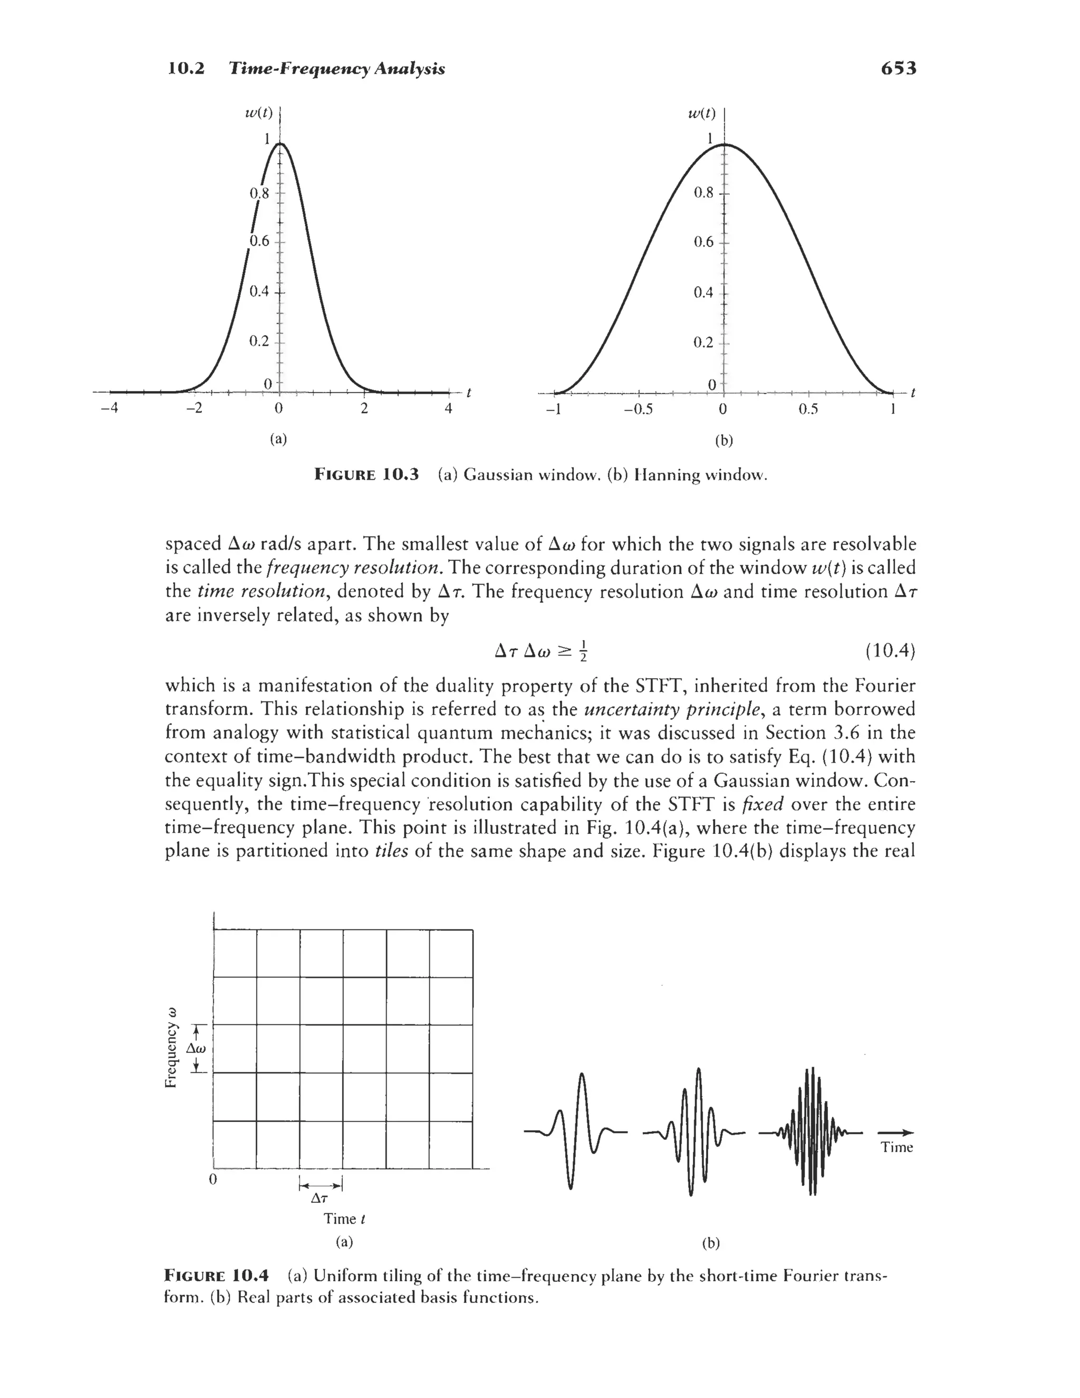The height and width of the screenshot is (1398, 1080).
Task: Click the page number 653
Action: pos(898,68)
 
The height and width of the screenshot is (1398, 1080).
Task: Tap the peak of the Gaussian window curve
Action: pos(279,145)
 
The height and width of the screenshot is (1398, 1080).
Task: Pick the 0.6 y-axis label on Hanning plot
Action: pos(703,242)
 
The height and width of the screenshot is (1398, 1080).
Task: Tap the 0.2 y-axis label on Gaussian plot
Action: pos(258,340)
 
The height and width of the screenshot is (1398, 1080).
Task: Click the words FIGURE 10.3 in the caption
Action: pos(366,474)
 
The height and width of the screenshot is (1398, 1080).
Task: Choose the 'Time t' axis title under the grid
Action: pos(344,1218)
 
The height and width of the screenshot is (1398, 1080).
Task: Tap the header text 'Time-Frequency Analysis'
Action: pos(337,68)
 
